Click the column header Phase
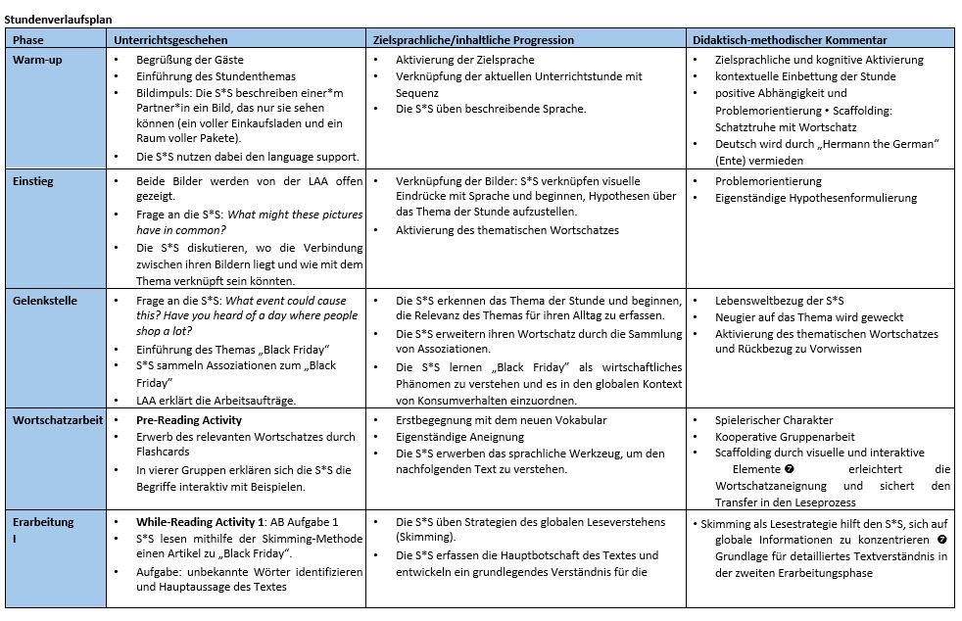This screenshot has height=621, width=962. pos(28,40)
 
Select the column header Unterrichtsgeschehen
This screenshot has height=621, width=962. pos(170,40)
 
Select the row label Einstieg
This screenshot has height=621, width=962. pos(33,181)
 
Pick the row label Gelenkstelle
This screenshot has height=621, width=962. pos(44,301)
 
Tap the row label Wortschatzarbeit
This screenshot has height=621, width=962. pos(57,420)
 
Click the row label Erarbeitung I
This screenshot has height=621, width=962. pos(43,522)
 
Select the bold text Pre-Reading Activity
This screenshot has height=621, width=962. pos(189,420)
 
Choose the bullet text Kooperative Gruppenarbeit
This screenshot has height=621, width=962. pos(785,437)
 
